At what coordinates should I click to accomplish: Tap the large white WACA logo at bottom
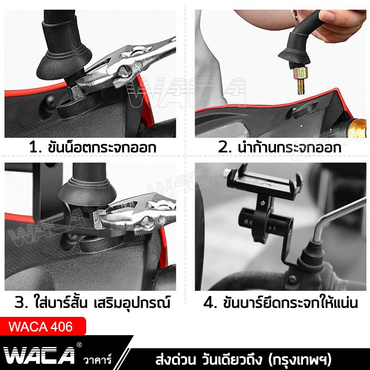40,355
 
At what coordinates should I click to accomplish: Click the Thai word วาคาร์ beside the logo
97,360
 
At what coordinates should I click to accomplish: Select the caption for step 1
92,148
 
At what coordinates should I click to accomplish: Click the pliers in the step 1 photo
126,65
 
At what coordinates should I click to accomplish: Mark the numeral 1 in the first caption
33,148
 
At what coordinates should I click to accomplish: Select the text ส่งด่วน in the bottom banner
174,361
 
